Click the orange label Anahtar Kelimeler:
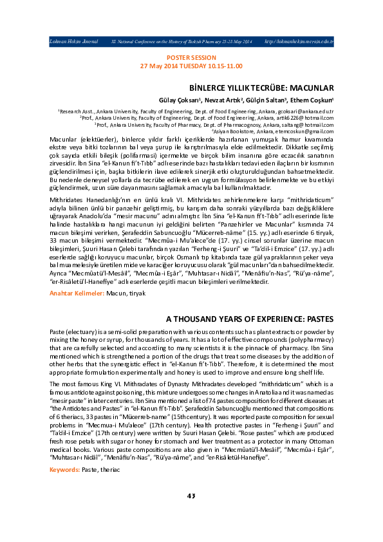coord(77,293)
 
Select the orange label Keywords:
coord(65,470)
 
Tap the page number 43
coord(191,514)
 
